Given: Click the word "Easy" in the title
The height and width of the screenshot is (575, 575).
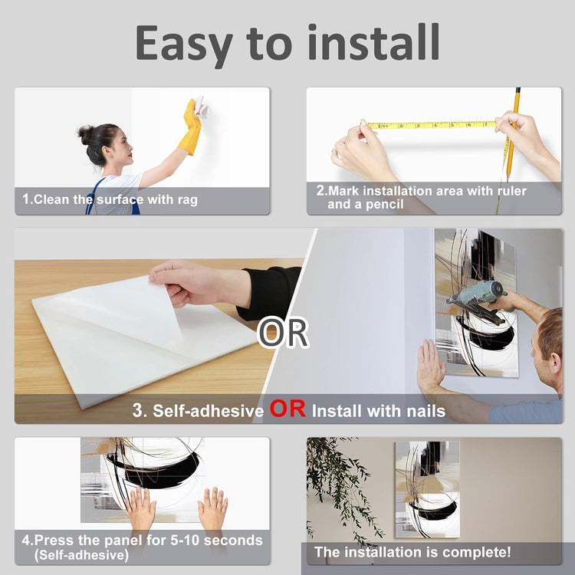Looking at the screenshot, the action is [x=184, y=44].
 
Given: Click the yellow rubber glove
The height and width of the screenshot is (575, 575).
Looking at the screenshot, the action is [x=191, y=127].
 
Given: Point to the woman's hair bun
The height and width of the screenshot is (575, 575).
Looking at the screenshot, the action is [x=85, y=135].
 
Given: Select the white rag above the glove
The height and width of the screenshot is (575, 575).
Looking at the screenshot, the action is [x=201, y=106].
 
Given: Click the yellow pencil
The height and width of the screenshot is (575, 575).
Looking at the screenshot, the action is [x=512, y=134].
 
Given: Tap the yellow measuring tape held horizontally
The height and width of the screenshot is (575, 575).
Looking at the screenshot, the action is [x=432, y=125].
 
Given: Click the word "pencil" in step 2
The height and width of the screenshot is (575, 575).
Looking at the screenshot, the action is [x=384, y=204].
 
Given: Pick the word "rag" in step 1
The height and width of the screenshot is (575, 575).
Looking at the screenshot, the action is [x=188, y=200].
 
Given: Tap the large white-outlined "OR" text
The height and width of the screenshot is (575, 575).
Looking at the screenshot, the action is [x=283, y=333].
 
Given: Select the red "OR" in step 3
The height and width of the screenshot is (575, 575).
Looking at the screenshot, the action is [x=287, y=409].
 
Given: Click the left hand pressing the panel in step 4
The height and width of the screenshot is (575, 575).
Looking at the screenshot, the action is [x=140, y=508].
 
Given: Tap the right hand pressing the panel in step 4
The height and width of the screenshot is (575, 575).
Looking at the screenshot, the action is [x=212, y=508].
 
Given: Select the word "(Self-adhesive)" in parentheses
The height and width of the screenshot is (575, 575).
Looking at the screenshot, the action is [x=81, y=555].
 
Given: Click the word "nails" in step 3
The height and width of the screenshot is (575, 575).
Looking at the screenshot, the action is [x=426, y=411].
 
